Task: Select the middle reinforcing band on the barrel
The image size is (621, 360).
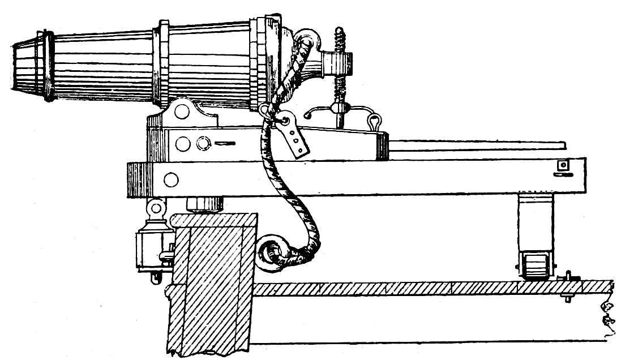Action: click(163, 63)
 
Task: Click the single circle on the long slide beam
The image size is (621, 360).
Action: click(170, 180)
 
